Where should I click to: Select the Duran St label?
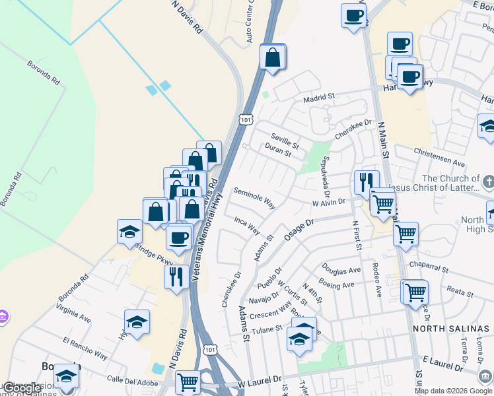coord(278,152)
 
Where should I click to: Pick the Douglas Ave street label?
coord(341,269)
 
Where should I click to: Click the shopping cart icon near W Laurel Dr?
coord(188,381)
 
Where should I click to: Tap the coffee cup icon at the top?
coord(353,15)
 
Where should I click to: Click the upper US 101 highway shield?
coord(246,120)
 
